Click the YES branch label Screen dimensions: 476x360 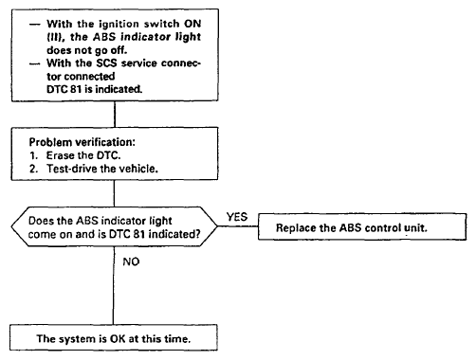tap(237, 217)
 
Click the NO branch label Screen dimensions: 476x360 tap(131, 261)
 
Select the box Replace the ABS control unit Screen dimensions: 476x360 tap(362, 226)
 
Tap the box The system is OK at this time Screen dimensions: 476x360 tap(114, 337)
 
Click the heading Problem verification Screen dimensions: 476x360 tap(82, 142)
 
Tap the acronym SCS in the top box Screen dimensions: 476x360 tap(106, 63)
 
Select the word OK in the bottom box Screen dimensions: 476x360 tap(118, 339)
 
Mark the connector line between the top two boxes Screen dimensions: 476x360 tap(115, 115)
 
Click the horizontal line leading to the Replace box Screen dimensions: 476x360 tap(238, 226)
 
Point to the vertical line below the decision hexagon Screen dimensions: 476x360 tap(114, 285)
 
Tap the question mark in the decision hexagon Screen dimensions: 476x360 tap(197, 234)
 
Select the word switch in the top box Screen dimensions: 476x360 tap(159, 24)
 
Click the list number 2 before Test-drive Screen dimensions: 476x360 tap(33, 169)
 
